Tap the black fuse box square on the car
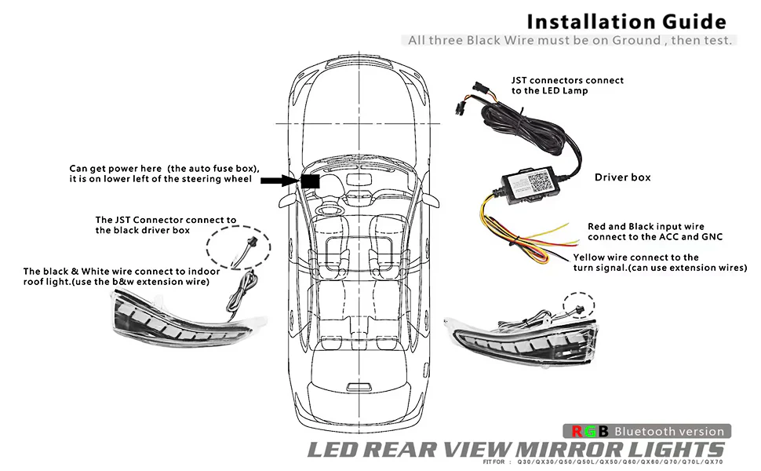309,181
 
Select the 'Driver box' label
622,177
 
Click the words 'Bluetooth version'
668,431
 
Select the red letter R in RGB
577,431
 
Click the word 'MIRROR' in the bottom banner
568,450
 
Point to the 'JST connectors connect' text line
567,80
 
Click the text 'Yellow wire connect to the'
635,257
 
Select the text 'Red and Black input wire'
650,226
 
